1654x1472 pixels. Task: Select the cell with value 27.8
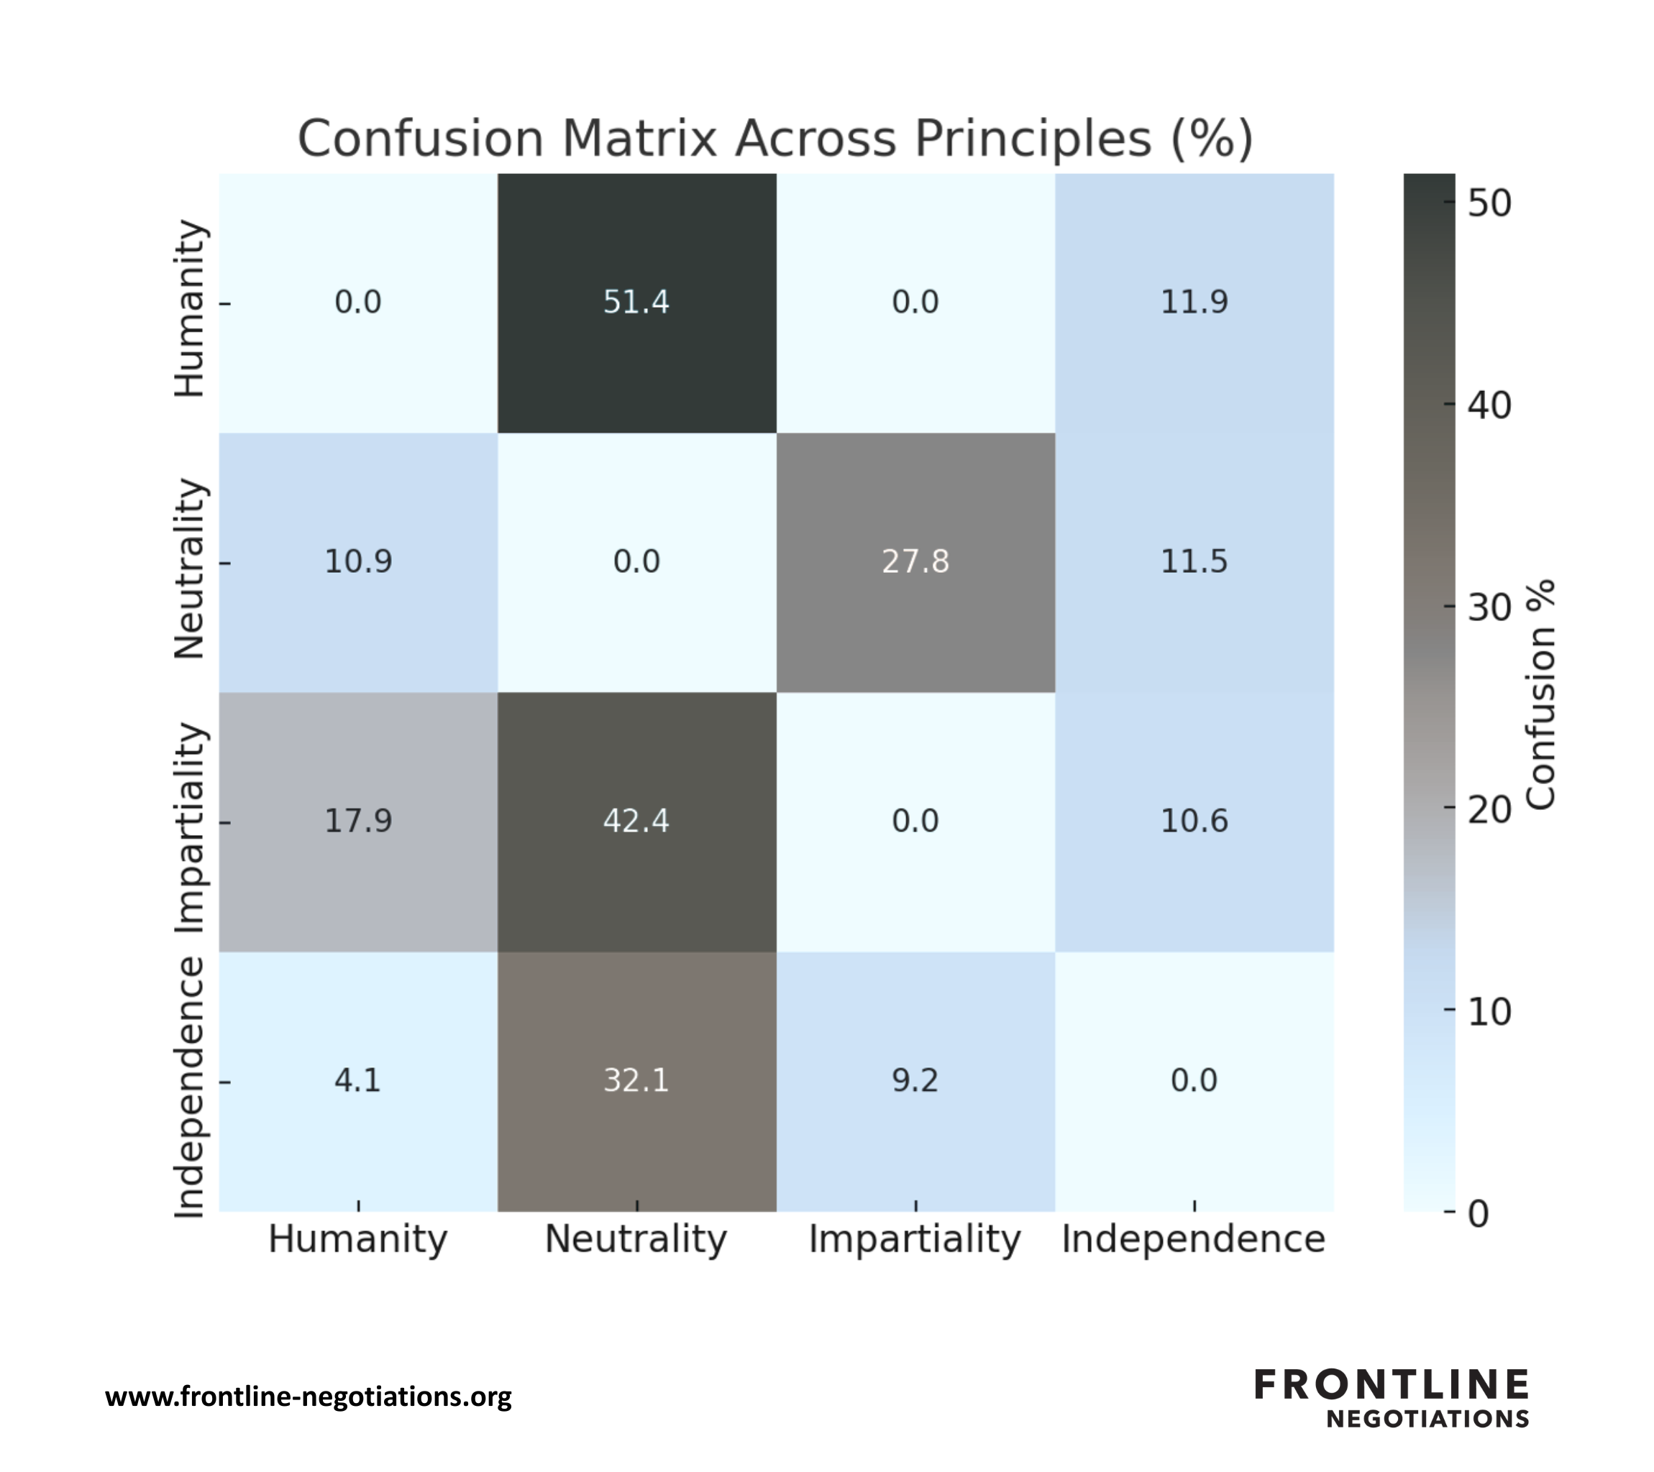tap(915, 561)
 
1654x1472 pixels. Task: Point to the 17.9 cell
tap(357, 821)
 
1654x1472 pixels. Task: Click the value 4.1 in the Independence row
tap(357, 1080)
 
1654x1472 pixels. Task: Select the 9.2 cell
tap(915, 1080)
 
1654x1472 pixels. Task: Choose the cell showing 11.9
tap(1194, 303)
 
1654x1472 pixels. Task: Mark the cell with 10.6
tap(1194, 821)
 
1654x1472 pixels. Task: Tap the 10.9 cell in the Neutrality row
tap(357, 561)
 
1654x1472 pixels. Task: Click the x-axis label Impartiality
tap(915, 1239)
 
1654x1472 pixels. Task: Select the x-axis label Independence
tap(1194, 1239)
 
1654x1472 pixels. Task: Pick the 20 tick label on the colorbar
tap(1489, 809)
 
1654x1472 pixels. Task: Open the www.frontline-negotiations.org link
tap(309, 1397)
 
